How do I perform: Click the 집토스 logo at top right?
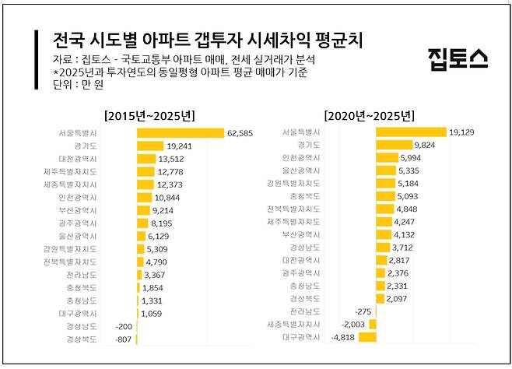[458, 57]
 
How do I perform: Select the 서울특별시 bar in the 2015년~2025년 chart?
[181, 133]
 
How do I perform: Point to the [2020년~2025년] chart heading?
[370, 115]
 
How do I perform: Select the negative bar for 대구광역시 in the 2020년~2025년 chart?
[367, 337]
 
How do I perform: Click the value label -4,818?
[343, 337]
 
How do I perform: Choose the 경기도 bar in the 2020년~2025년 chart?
[395, 145]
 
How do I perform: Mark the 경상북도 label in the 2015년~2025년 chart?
[82, 339]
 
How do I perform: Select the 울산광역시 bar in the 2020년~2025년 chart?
[388, 170]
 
